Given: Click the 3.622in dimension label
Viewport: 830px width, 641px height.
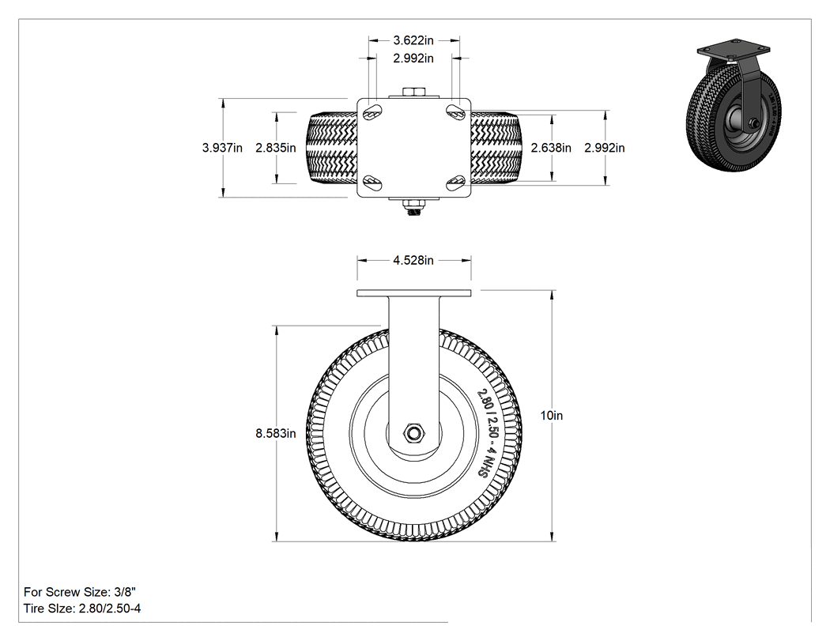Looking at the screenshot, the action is tap(413, 40).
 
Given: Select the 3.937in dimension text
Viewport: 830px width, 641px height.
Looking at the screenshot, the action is tap(222, 148).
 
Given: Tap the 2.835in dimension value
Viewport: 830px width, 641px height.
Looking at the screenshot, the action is tap(276, 148).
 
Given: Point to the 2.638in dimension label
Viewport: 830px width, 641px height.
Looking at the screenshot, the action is tap(551, 148).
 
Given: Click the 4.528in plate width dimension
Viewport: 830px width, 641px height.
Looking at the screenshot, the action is tap(413, 260).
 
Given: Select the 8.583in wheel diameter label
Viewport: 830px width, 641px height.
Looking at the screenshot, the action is tap(276, 433).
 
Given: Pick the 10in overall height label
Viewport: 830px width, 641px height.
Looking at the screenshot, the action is tap(552, 416).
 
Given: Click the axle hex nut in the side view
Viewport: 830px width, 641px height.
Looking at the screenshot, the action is tap(413, 433).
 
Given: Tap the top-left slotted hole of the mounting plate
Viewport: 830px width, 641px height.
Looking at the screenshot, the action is tap(372, 111).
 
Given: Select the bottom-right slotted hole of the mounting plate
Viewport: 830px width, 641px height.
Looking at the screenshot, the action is tap(455, 183).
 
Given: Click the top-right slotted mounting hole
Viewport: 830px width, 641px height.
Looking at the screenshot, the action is tap(455, 111).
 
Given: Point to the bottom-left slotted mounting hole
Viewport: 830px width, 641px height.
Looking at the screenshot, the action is tap(372, 183).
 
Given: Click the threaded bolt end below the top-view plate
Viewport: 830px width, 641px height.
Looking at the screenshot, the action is tap(414, 211).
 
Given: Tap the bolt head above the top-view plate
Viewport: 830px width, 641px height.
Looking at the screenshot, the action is tap(414, 92).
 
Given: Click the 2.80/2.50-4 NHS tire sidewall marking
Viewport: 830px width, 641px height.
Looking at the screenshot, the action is tap(489, 433).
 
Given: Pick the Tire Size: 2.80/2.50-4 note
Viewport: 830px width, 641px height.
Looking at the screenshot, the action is tap(82, 608).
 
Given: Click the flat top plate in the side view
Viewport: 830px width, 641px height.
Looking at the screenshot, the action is tap(414, 293).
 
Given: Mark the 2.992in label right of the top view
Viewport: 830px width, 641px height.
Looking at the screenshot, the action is tap(605, 148).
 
